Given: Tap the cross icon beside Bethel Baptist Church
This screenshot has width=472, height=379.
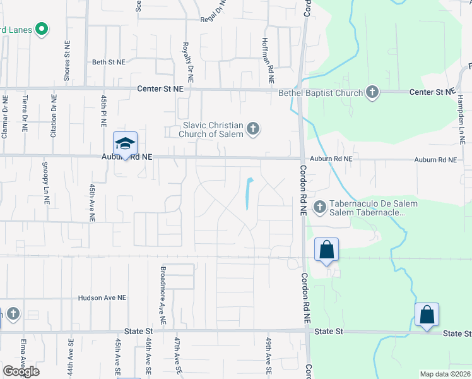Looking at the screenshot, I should (372, 93).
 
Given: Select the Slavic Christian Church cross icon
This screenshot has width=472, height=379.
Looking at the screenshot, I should (252, 129).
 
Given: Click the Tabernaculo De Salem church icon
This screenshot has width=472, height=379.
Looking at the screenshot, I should (320, 207).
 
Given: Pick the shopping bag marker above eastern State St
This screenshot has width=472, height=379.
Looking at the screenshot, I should (427, 315).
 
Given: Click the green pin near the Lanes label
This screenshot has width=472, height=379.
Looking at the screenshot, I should (42, 28).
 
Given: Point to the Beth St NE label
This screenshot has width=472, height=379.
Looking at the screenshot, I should (109, 62).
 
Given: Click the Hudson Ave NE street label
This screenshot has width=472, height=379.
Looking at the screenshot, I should (102, 298).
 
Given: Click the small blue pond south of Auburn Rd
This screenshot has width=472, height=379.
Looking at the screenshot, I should (249, 193).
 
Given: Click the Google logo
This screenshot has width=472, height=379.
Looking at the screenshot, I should (21, 371).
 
